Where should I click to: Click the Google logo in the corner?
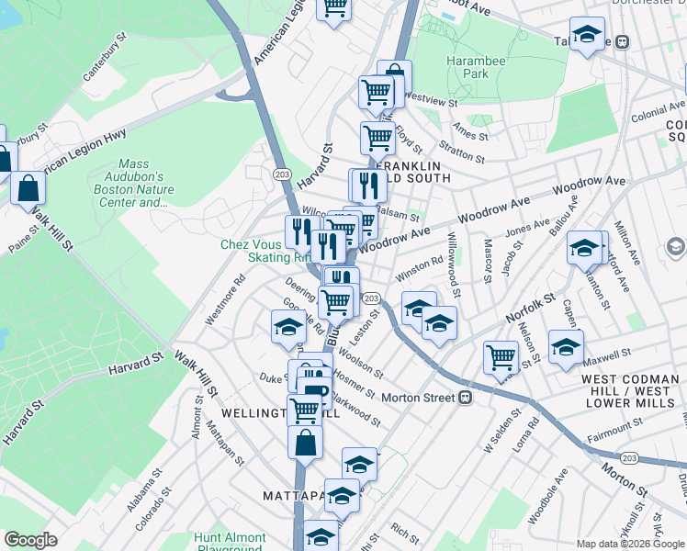[30, 540]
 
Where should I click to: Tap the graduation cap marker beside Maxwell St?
[566, 345]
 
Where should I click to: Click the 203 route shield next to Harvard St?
[282, 173]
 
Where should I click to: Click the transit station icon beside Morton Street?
[466, 398]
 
